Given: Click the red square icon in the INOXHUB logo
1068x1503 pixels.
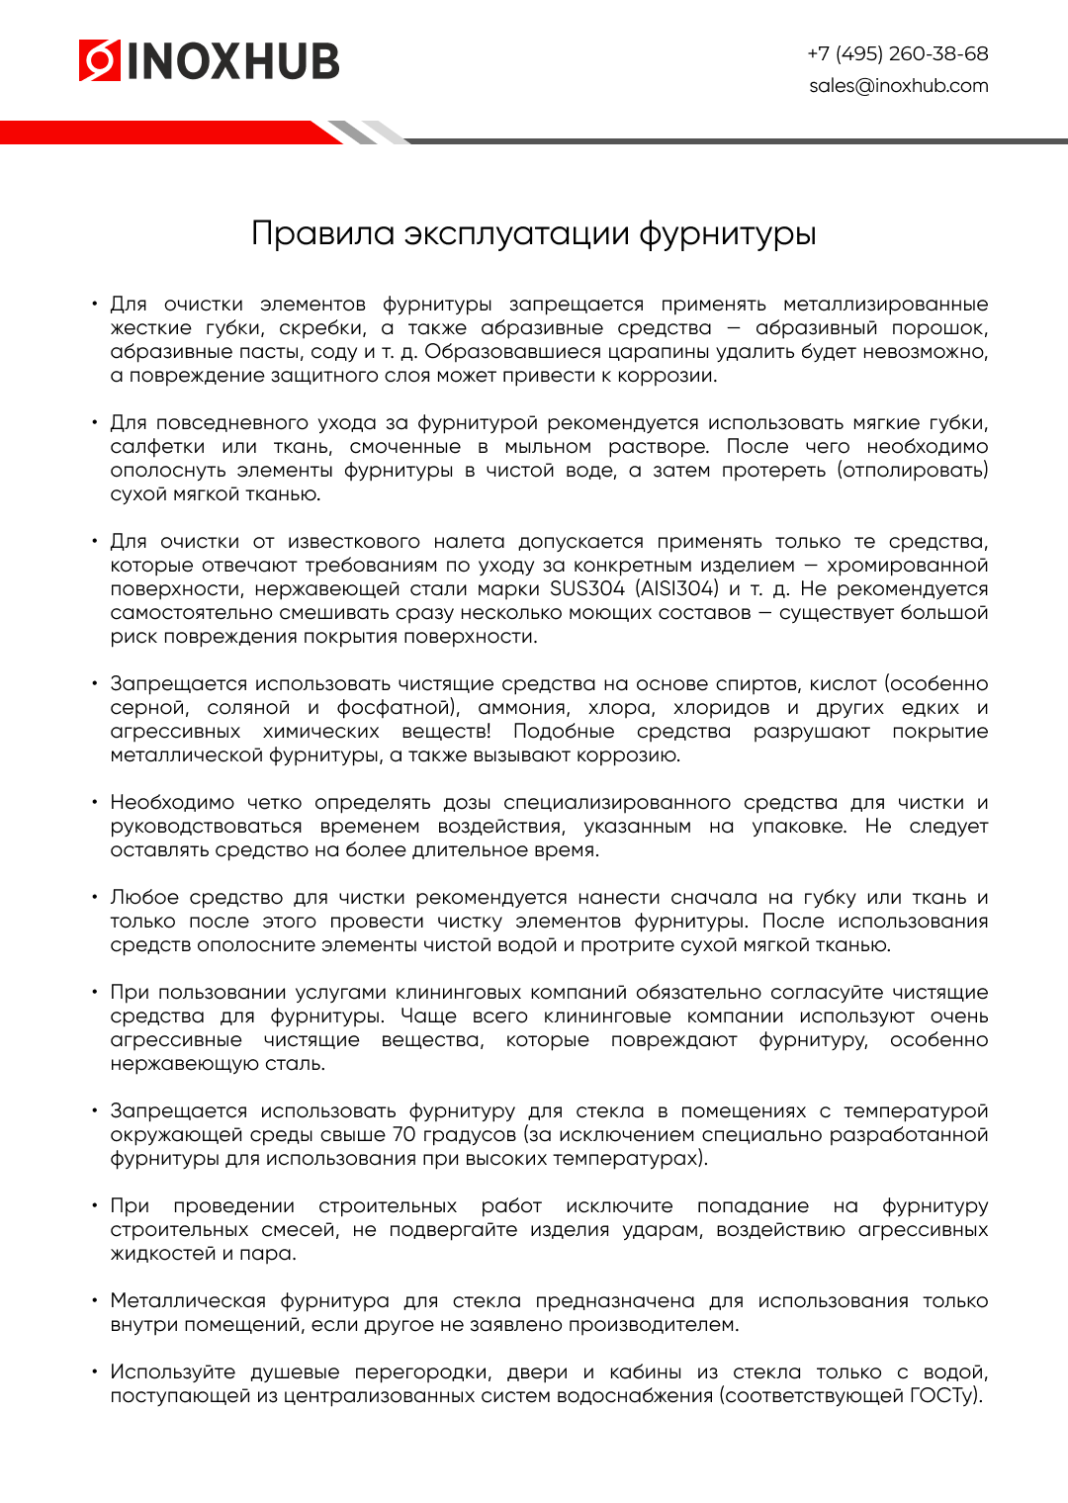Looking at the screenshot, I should point(99,60).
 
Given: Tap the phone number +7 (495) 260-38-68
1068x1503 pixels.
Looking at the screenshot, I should point(898,53).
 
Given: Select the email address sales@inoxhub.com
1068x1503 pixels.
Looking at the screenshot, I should point(898,86).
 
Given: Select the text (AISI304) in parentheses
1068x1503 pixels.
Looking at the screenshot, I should point(677,589).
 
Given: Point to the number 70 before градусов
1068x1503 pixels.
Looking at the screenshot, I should point(404,1135).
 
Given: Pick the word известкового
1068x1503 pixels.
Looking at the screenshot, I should point(354,542).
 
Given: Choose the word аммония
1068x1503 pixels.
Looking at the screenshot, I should point(523,708).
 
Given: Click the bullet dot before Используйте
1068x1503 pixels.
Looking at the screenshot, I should point(95,1371).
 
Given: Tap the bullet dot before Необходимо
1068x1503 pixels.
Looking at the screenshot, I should point(95,802).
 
